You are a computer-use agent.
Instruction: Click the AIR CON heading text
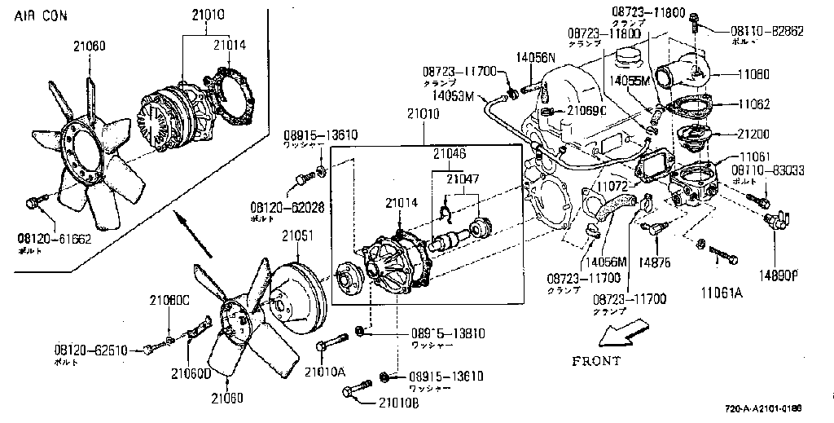[41, 15]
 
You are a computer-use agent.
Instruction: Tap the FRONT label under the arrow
[595, 360]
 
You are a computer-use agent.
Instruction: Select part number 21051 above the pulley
[297, 236]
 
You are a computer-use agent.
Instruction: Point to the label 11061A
[722, 291]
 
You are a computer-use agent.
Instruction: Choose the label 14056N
[535, 57]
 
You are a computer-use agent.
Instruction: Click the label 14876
[655, 262]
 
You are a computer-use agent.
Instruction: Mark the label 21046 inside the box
[450, 152]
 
